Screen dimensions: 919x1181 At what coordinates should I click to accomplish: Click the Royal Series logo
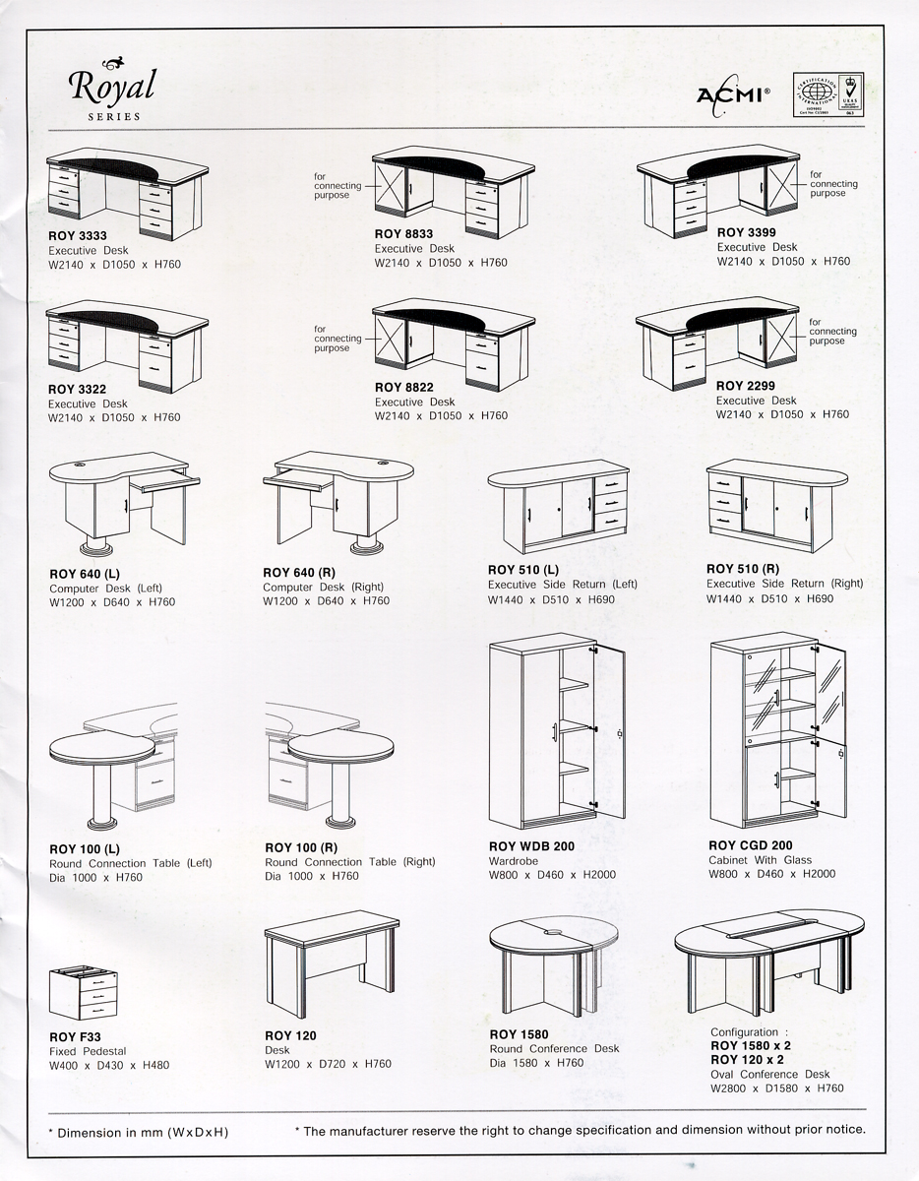point(112,88)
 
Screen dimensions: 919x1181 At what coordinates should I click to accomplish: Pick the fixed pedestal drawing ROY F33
point(78,995)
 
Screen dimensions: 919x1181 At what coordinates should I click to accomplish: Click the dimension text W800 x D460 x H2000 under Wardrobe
point(552,874)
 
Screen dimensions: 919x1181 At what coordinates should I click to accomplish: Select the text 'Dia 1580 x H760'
point(536,1063)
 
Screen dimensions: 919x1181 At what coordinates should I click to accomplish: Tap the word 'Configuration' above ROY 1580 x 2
point(744,1032)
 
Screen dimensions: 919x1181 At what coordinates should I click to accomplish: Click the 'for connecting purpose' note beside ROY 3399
point(833,184)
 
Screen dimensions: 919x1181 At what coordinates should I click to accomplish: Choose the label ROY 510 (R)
point(743,569)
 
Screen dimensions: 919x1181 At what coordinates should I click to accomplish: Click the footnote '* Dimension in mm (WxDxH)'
point(138,1132)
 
